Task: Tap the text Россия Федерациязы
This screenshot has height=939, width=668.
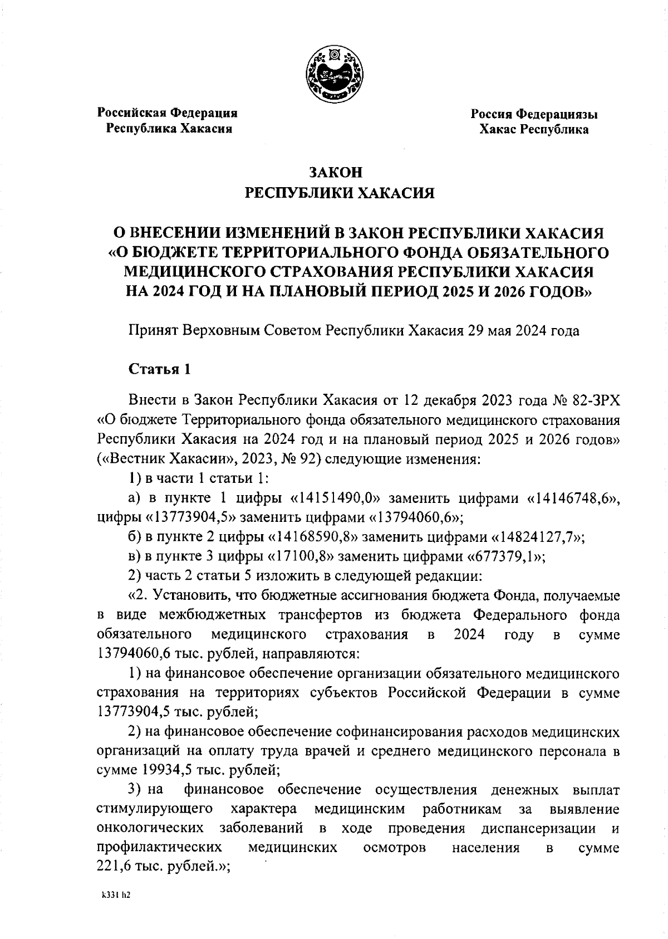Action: [x=534, y=115]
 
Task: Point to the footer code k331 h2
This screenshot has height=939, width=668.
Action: [x=115, y=895]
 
